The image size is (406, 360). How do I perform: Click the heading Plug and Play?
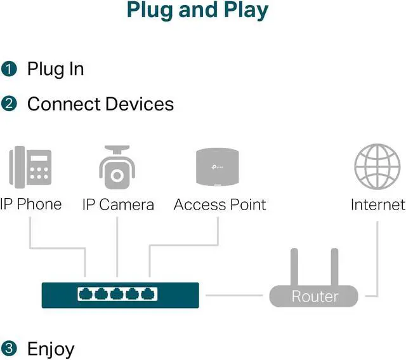(197, 10)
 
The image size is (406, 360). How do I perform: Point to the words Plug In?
(55, 69)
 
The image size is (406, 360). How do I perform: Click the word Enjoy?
(51, 349)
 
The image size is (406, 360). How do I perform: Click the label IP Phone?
(30, 204)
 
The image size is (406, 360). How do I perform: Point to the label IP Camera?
(118, 204)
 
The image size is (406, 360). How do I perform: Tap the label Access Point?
(219, 204)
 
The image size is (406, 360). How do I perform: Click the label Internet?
(377, 204)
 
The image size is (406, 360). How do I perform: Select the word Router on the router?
(315, 296)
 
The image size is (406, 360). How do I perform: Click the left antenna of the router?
(294, 267)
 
